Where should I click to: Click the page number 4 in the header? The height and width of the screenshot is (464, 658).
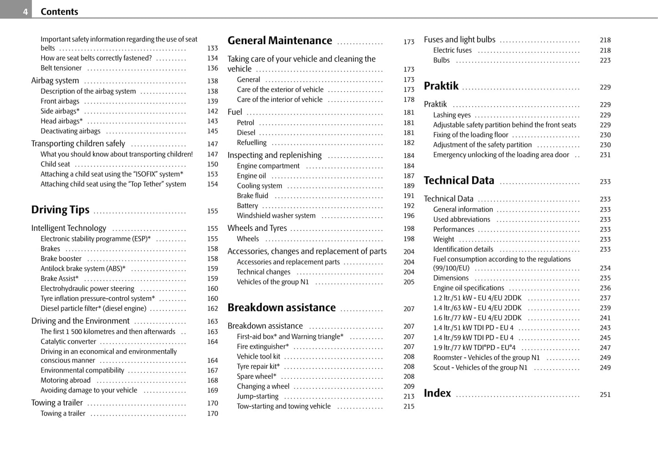coord(26,12)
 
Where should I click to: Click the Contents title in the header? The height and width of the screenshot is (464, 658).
coord(59,12)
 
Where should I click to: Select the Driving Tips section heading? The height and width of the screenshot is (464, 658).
coord(60,210)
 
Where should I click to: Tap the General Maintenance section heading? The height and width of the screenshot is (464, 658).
coord(280,41)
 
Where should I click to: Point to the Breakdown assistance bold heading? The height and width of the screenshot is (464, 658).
coord(281,308)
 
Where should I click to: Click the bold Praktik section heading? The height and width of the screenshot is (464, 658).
coord(441,86)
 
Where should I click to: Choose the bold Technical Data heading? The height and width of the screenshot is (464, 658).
coord(459,181)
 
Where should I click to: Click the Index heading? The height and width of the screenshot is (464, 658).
coord(437,393)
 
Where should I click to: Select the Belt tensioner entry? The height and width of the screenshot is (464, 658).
coord(61,68)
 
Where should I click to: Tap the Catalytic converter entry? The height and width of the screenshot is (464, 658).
coord(68,342)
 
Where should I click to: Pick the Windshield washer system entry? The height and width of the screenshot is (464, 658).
coord(276,216)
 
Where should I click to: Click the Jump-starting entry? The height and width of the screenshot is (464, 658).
coord(257,396)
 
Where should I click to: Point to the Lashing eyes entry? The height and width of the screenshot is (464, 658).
coord(452,115)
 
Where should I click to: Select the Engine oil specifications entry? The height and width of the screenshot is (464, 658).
coord(468,288)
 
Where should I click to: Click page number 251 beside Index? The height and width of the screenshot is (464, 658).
coord(605,395)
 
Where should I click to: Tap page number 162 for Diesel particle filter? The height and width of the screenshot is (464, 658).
coord(213,309)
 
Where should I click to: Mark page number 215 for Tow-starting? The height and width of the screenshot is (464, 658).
coord(408,406)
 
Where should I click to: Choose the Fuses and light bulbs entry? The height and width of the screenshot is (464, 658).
coord(459,40)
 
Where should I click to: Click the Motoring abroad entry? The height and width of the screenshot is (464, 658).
coord(66,380)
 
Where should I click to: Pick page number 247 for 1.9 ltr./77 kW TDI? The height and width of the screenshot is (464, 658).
coord(605,348)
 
